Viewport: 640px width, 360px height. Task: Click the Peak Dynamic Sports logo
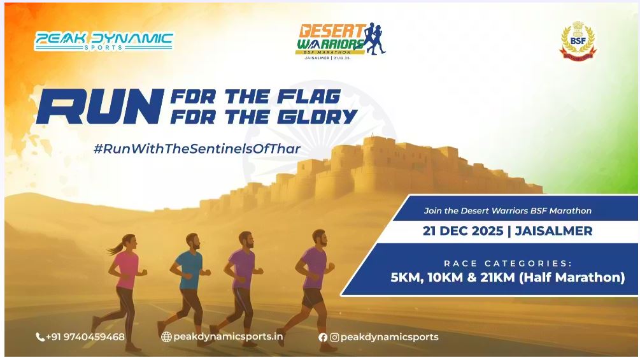[x=104, y=41]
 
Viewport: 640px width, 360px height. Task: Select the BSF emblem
[x=578, y=41]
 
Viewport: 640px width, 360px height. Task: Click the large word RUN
[x=99, y=106]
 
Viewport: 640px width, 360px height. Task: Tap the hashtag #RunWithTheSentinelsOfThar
[x=197, y=148]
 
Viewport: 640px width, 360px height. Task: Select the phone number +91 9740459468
[x=85, y=336]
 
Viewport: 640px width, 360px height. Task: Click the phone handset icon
[x=40, y=337]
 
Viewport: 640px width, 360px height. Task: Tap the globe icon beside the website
[x=166, y=337]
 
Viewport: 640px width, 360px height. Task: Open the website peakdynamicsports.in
[x=229, y=336]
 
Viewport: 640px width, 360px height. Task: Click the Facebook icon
[x=323, y=337]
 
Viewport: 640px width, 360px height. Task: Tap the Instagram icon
[x=334, y=337]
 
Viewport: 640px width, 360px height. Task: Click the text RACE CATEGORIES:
[x=508, y=263]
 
